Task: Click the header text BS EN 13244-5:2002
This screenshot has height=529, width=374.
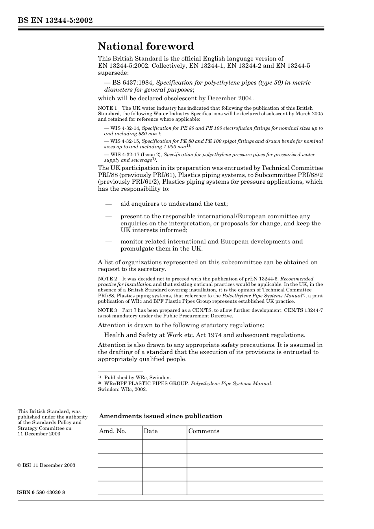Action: click(x=55, y=20)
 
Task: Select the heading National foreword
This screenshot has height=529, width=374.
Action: click(x=146, y=46)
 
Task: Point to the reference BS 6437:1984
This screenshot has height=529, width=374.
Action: click(x=133, y=83)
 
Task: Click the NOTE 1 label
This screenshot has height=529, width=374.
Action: click(x=107, y=108)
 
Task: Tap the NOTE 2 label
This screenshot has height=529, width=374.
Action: click(x=107, y=279)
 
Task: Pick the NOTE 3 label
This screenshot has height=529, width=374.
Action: click(x=107, y=310)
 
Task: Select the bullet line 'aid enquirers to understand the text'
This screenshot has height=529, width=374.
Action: click(x=174, y=204)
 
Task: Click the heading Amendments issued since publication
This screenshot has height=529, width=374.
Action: click(x=161, y=416)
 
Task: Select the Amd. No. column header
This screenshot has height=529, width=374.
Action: click(x=113, y=431)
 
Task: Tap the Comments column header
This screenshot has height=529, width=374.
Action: click(x=204, y=431)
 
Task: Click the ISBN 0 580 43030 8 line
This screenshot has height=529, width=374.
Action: click(x=41, y=492)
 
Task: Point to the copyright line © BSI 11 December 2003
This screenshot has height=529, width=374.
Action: click(x=46, y=465)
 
